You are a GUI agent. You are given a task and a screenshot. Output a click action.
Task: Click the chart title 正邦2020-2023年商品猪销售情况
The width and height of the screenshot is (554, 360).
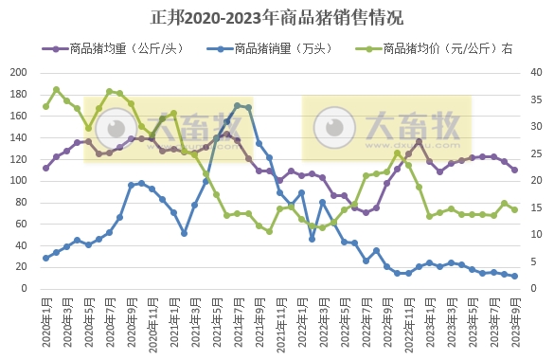[x=277, y=18]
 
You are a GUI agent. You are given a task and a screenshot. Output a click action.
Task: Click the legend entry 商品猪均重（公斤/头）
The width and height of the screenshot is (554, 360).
[x=123, y=48]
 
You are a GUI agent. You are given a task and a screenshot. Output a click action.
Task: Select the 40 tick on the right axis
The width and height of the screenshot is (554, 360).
[x=536, y=73]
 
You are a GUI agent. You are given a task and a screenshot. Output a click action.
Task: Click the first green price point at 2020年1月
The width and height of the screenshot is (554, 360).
[x=45, y=106]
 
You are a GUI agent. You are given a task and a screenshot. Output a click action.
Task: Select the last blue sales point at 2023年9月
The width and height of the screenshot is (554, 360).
[x=514, y=276]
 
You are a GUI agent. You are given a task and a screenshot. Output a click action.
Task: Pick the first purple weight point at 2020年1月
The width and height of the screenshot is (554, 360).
[x=45, y=168]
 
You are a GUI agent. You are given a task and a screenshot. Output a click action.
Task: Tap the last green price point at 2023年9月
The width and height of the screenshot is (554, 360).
[x=514, y=209]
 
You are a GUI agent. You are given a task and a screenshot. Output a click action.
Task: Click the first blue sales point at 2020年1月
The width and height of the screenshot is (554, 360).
[x=45, y=258]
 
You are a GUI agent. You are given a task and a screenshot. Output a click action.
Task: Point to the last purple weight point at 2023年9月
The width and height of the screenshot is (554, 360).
[x=514, y=170]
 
